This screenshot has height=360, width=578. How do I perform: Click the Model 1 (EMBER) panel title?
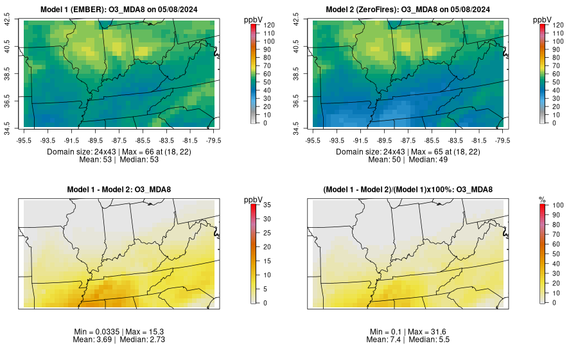(119, 9)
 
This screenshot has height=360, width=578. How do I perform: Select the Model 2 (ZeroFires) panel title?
(407, 9)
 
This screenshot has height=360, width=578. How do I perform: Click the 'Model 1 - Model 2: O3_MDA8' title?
(119, 189)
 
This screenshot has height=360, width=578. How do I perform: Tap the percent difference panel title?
(407, 189)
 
